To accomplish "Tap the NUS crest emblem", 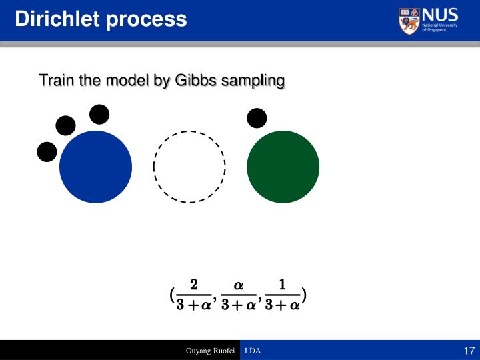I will (x=409, y=21).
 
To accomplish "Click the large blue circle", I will (x=96, y=167).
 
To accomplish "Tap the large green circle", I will (x=283, y=167).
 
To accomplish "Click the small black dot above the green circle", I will (x=257, y=118).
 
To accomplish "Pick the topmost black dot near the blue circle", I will (x=99, y=115).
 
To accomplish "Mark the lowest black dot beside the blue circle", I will (x=47, y=152).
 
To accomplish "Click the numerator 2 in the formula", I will (x=193, y=285).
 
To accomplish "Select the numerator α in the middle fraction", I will (x=238, y=285).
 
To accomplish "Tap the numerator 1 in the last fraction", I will (x=282, y=285).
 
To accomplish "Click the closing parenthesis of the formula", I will (x=304, y=295).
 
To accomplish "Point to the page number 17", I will (x=467, y=351).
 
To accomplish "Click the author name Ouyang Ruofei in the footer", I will (x=210, y=351).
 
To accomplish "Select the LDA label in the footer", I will (x=253, y=351).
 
